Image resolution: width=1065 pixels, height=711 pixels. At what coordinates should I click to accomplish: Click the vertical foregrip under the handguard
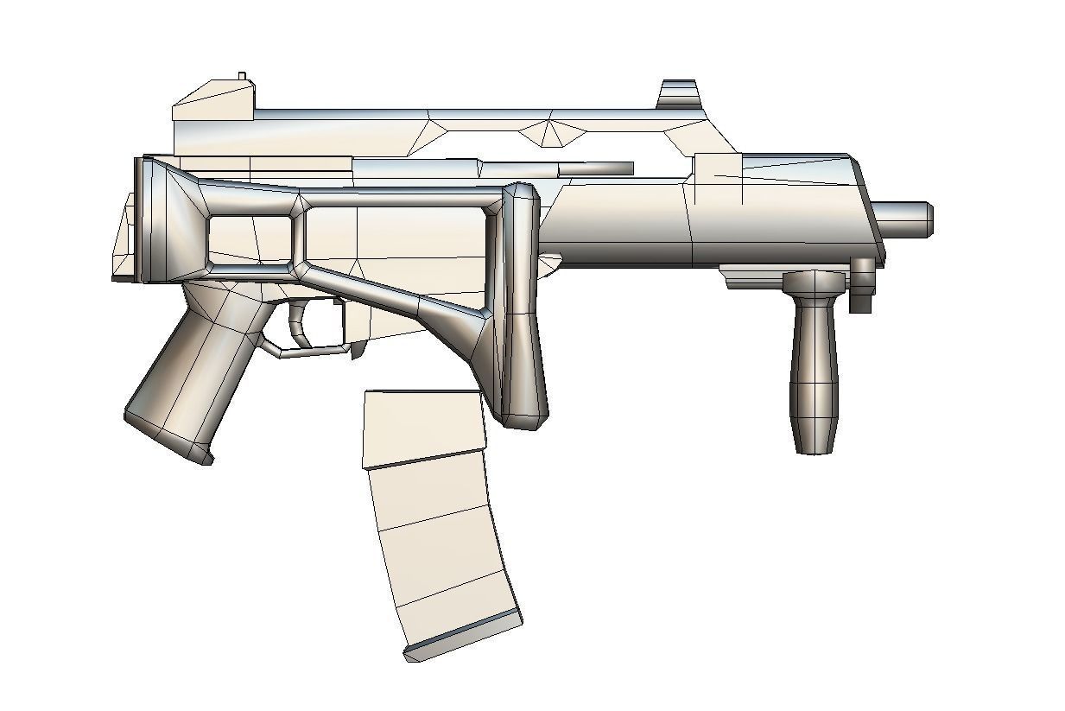click(x=814, y=363)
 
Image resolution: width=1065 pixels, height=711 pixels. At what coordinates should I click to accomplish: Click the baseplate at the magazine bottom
click(x=463, y=634)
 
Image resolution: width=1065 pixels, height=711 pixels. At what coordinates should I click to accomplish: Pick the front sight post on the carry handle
click(x=677, y=94)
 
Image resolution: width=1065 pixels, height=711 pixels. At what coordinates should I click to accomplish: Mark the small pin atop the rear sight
click(x=242, y=77)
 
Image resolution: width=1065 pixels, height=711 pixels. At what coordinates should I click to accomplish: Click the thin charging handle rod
click(x=596, y=168)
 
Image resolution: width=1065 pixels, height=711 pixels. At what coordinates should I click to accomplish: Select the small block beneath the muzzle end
click(x=863, y=285)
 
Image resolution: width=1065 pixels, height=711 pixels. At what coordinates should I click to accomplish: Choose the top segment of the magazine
click(x=423, y=428)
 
